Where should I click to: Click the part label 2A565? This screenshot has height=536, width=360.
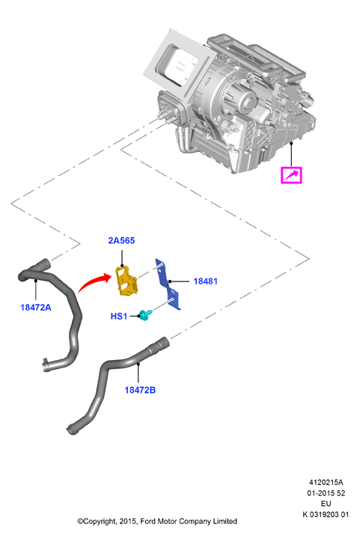click(x=121, y=240)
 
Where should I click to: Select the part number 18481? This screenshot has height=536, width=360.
click(x=205, y=281)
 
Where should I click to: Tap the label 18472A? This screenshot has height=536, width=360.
click(x=36, y=308)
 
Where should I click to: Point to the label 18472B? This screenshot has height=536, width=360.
click(x=140, y=390)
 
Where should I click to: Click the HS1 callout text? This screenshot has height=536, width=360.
click(x=119, y=316)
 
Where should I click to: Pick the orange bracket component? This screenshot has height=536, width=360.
click(x=126, y=281)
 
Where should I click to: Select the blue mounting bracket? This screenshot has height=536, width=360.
click(x=168, y=284)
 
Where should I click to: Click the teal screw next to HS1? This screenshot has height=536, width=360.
click(x=145, y=315)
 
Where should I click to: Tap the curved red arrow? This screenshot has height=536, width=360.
click(x=94, y=281)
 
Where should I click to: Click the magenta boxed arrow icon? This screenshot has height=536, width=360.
click(x=291, y=175)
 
